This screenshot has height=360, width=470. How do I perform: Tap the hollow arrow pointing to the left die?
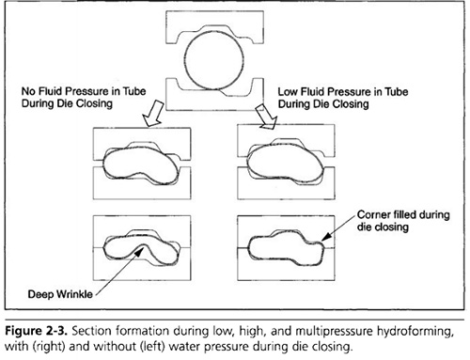pos(154,114)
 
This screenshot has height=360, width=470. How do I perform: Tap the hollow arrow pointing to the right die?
pos(266,117)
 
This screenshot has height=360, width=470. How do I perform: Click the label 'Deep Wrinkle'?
pos(60,294)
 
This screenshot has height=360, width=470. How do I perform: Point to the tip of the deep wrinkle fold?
pos(143,244)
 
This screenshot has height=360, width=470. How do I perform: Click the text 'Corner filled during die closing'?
pos(403,221)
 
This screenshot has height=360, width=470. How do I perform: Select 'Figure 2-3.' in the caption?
pos(37,331)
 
